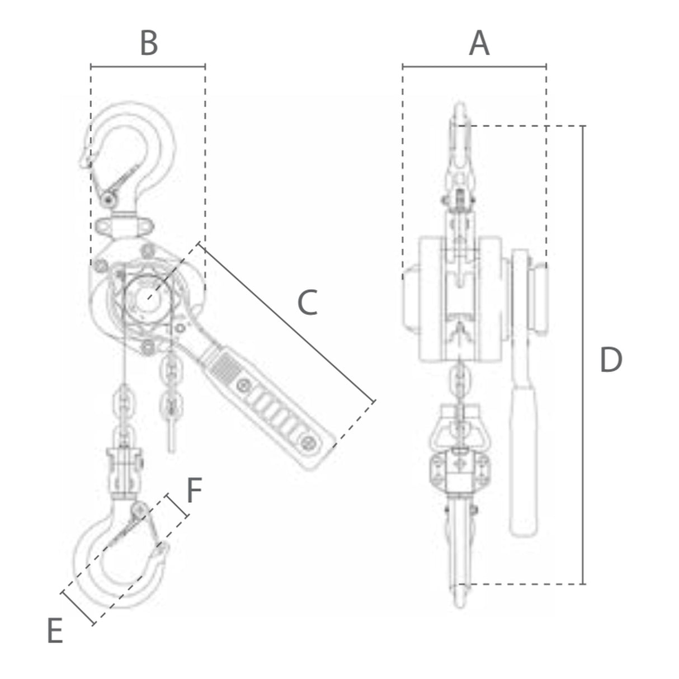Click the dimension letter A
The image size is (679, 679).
coord(479,43)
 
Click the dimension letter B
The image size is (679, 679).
coord(149,43)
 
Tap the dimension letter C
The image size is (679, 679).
coord(307,302)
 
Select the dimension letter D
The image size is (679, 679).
coord(611,360)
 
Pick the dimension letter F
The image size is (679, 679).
coord(194,491)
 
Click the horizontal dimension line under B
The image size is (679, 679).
coord(148,66)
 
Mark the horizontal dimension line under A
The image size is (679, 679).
coord(475,66)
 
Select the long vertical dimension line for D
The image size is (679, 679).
coord(583,355)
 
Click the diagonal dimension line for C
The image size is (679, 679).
coord(287,322)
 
